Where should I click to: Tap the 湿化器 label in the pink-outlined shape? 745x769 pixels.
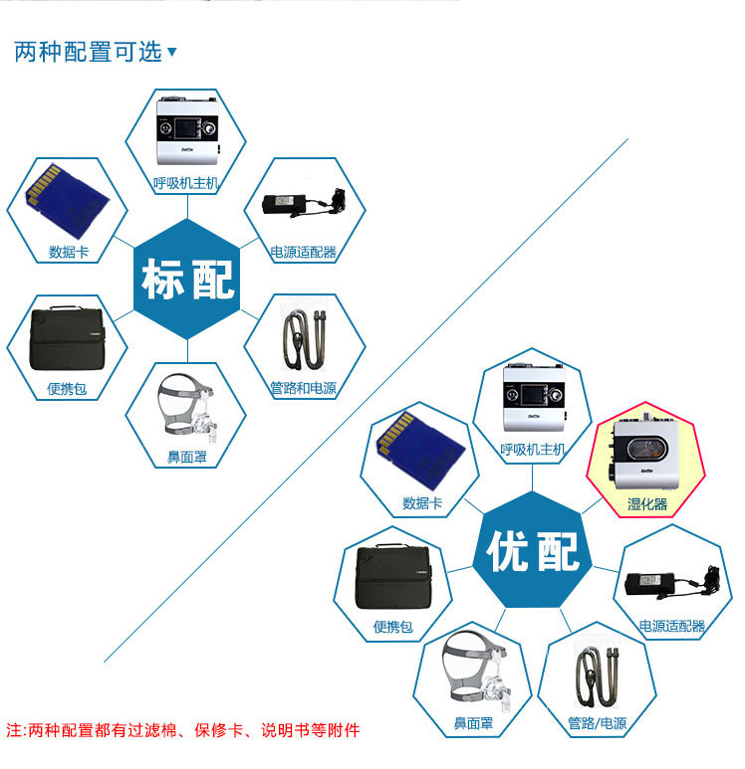pos(647,504)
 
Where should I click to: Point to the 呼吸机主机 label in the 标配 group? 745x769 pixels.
pos(186,182)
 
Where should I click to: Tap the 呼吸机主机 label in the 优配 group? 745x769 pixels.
pos(533,450)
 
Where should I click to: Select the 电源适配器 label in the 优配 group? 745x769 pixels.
pos(672,626)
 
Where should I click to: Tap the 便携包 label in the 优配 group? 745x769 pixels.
pos(393,627)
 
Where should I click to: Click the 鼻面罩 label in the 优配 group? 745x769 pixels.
pos(474,723)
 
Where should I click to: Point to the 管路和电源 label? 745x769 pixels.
pos(303,388)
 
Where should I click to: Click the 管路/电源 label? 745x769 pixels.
pos(598,723)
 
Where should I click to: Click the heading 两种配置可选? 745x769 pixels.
pos(88,53)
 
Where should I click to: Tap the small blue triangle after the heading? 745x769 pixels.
pos(172,52)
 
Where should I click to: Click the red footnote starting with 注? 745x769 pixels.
pos(183,730)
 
